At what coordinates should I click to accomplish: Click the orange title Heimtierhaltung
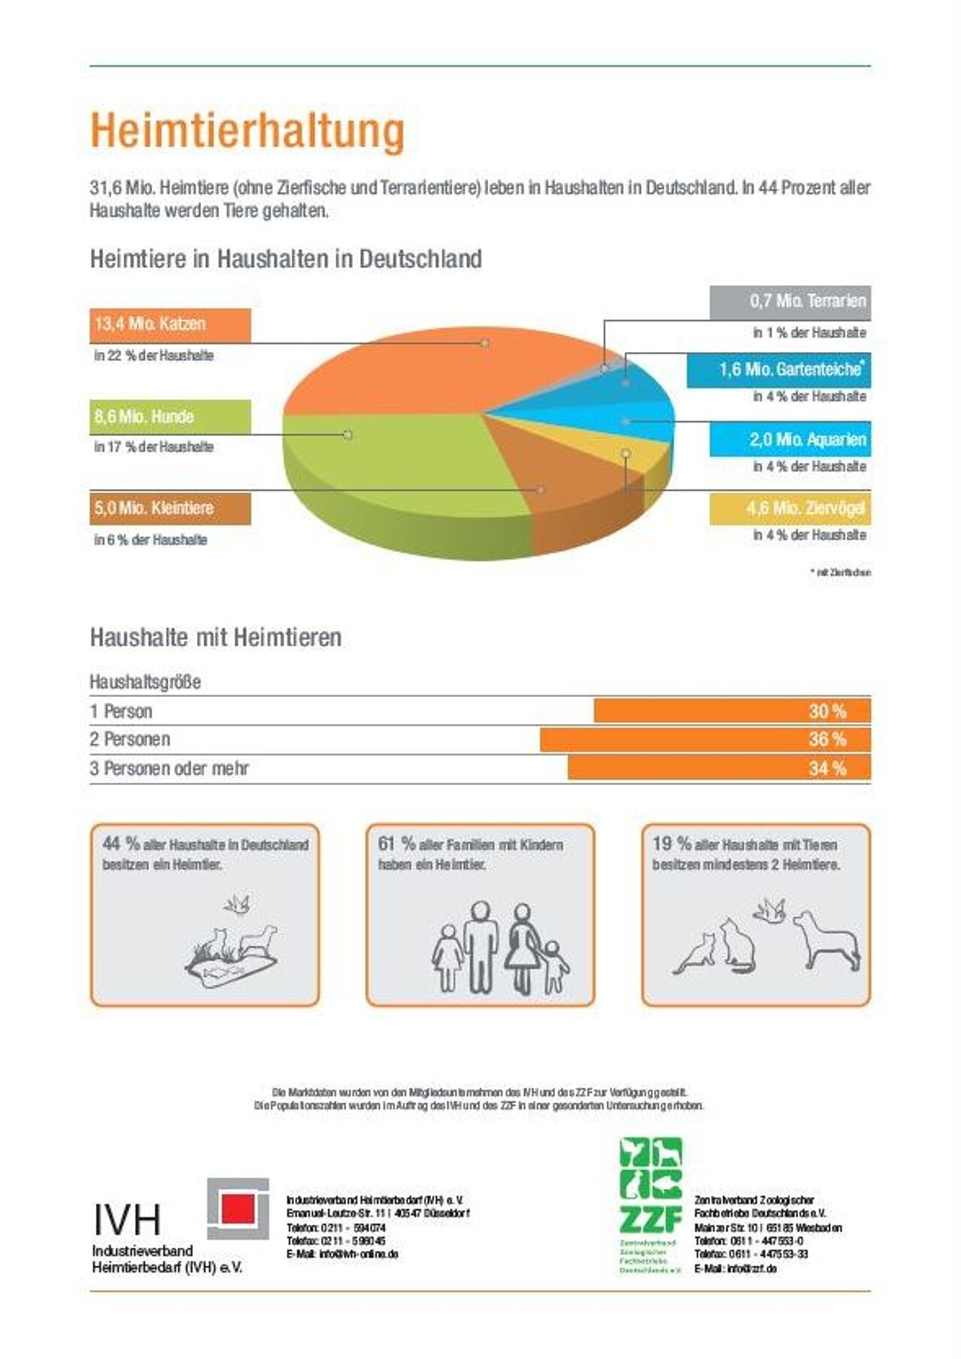pyautogui.click(x=247, y=131)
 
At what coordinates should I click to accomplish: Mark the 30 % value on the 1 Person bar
pyautogui.click(x=827, y=711)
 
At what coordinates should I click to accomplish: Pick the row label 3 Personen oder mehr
pyautogui.click(x=169, y=768)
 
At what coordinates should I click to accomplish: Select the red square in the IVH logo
pyautogui.click(x=237, y=1208)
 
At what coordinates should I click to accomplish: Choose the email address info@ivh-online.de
pyautogui.click(x=358, y=1254)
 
